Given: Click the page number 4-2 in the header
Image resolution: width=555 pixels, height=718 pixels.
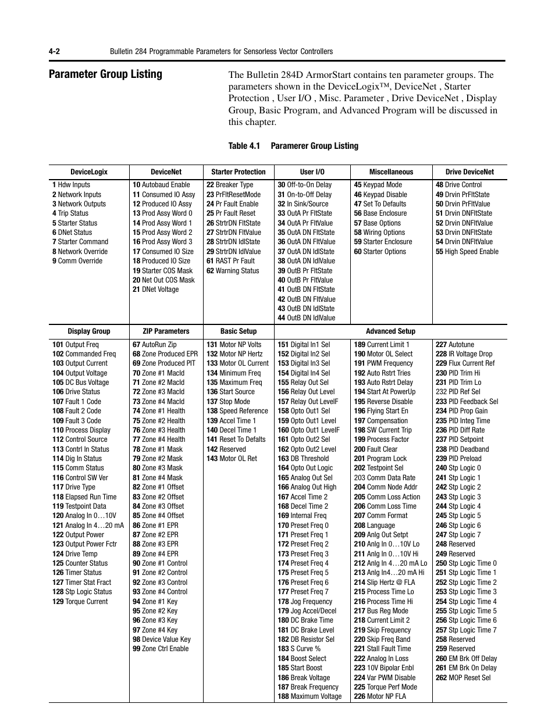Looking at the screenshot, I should pyautogui.click(x=55, y=52).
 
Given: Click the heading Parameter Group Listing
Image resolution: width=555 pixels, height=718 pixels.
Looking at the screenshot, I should pyautogui.click(x=105, y=74).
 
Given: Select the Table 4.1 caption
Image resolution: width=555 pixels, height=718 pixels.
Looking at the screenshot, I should pyautogui.click(x=293, y=146).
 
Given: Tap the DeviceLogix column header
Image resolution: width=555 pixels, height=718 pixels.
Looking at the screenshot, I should pyautogui.click(x=89, y=172).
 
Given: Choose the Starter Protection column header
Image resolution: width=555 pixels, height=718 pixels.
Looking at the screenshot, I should pyautogui.click(x=238, y=172).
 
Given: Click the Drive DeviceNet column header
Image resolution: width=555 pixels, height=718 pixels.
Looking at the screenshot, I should pyautogui.click(x=469, y=172).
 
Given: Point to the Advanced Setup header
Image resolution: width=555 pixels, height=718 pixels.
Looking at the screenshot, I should pyautogui.click(x=390, y=331).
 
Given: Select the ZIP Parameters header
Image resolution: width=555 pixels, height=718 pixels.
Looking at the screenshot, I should pyautogui.click(x=166, y=331).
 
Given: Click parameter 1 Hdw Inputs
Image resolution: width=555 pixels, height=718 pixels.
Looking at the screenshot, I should pyautogui.click(x=71, y=185).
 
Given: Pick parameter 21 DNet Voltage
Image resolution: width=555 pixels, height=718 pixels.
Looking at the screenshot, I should pyautogui.click(x=155, y=290).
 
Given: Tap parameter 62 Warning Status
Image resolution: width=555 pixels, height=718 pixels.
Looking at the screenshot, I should pyautogui.click(x=233, y=270).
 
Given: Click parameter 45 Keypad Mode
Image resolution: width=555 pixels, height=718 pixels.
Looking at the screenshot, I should pyautogui.click(x=378, y=185).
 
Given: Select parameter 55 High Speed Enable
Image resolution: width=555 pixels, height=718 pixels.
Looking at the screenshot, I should pyautogui.click(x=467, y=252).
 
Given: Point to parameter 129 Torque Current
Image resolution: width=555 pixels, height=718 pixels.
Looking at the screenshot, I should pyautogui.click(x=80, y=602).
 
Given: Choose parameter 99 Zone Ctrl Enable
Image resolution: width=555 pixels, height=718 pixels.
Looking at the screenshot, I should pyautogui.click(x=161, y=649).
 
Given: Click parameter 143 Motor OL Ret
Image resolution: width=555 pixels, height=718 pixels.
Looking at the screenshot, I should pyautogui.click(x=232, y=459).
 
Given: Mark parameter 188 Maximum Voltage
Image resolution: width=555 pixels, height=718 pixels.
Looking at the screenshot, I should pyautogui.click(x=309, y=696).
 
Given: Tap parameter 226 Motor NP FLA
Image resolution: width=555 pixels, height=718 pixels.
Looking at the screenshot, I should pyautogui.click(x=380, y=696).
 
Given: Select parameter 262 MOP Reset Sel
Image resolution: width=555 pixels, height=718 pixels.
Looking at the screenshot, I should pyautogui.click(x=463, y=678).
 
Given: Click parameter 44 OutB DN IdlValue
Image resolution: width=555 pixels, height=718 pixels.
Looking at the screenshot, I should pyautogui.click(x=306, y=318).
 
